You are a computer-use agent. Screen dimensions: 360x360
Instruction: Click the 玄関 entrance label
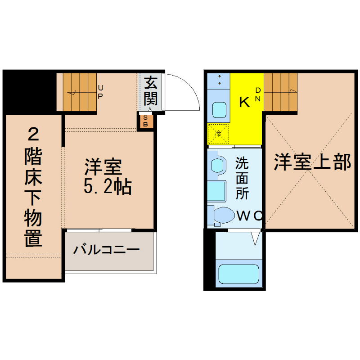[x=150, y=91]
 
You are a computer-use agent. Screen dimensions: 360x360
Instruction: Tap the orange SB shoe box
[x=145, y=121]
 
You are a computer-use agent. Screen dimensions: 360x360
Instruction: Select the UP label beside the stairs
[x=100, y=92]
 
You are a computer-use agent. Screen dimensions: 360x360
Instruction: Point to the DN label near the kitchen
[x=258, y=94]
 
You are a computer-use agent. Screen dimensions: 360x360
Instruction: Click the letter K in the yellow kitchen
[x=244, y=102]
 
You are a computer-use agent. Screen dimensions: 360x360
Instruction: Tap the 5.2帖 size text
[x=108, y=186]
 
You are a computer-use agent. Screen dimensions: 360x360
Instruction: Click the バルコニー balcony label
[x=106, y=250]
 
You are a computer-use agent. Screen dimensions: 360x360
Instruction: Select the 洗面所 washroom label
[x=242, y=178]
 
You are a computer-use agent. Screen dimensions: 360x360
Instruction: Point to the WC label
[x=250, y=216]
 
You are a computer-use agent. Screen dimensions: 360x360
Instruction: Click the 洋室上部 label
[x=312, y=162]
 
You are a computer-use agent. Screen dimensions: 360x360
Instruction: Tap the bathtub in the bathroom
[x=239, y=274]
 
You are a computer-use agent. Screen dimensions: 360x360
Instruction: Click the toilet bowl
[x=223, y=216]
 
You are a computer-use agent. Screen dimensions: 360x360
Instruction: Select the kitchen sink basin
[x=219, y=110]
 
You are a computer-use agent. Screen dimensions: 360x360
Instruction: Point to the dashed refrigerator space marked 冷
[x=218, y=134]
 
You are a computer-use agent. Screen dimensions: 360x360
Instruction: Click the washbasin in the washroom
[x=217, y=165]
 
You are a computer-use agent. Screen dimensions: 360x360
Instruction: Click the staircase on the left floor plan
[x=80, y=92]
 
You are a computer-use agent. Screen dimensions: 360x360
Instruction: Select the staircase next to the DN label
[x=280, y=92]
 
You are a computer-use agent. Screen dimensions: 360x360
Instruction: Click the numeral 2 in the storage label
[x=33, y=134]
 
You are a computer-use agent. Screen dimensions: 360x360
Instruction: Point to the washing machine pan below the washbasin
[x=216, y=191]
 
